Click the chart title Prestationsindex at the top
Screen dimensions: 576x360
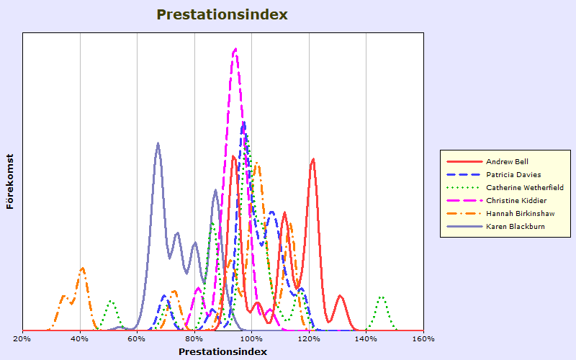pos(222,14)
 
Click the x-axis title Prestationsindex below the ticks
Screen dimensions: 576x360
pos(222,351)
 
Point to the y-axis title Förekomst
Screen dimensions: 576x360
pos(10,181)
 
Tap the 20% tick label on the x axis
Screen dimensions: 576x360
pos(22,338)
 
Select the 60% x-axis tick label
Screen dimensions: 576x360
pos(137,338)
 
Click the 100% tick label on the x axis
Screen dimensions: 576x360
pos(251,338)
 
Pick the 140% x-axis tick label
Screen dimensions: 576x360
pos(366,338)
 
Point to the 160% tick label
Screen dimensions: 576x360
pos(423,338)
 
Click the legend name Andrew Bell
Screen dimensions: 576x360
pos(507,161)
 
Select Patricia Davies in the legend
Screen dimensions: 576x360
pos(513,174)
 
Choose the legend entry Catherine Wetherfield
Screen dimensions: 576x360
pos(525,187)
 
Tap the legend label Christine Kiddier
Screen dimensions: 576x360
pos(516,201)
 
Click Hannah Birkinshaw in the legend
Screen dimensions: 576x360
pos(520,213)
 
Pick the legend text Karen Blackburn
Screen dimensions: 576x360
pos(515,226)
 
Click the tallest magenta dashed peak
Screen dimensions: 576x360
pos(235,49)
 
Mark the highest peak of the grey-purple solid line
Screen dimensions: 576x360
pos(158,143)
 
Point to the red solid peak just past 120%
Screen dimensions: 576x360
pos(313,159)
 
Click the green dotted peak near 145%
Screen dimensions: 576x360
pos(382,297)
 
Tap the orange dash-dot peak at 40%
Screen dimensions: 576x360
pos(83,269)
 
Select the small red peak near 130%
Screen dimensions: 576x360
pos(340,296)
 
